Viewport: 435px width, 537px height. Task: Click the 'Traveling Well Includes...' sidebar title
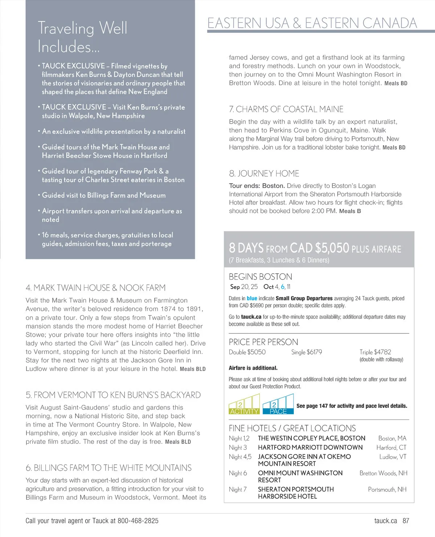tap(82, 37)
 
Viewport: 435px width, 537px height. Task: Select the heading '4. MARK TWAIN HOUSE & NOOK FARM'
tap(95, 288)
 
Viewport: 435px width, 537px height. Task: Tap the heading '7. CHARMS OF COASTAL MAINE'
tap(286, 109)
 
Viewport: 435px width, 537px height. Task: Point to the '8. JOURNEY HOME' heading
tap(264, 173)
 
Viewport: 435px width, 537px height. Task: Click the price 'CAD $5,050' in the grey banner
tap(319, 248)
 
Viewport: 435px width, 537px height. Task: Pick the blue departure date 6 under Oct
tap(283, 287)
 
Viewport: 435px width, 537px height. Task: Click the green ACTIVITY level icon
tap(244, 404)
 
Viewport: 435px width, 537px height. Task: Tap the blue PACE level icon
tap(278, 404)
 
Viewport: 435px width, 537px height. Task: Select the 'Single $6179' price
tap(306, 352)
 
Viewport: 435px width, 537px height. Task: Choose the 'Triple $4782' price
tap(375, 352)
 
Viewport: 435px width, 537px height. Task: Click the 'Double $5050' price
tap(247, 352)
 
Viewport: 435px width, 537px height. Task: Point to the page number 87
tap(406, 521)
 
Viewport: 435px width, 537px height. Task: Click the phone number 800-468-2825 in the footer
tap(138, 521)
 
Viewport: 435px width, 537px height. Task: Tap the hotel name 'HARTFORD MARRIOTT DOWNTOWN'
tap(310, 447)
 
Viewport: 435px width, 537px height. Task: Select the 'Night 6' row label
tap(238, 473)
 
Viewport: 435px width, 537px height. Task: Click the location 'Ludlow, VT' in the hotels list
tap(393, 457)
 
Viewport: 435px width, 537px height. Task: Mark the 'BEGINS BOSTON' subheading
tap(260, 276)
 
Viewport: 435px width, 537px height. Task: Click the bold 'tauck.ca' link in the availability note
tap(251, 317)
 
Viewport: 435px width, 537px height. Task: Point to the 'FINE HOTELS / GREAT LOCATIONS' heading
tap(292, 428)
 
